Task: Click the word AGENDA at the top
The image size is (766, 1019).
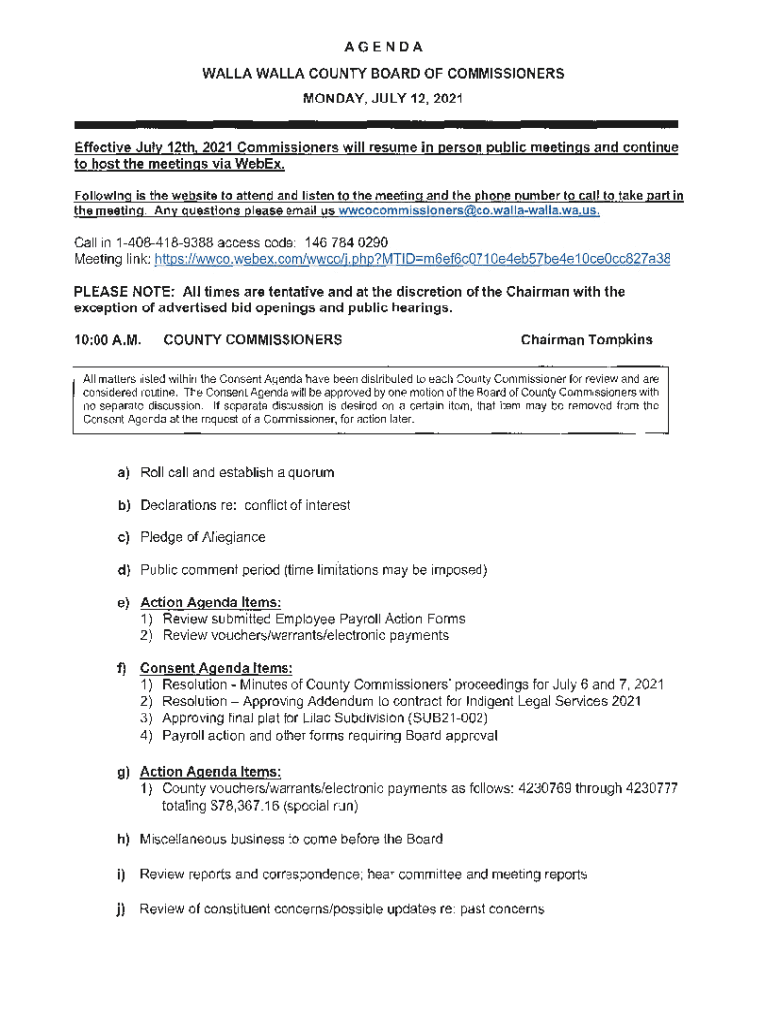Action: [x=383, y=47]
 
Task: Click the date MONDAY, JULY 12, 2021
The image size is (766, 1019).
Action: [x=383, y=99]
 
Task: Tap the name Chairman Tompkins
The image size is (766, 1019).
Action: [x=587, y=340]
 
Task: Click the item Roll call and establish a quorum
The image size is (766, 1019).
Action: [x=238, y=471]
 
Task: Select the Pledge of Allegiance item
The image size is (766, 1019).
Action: [x=203, y=537]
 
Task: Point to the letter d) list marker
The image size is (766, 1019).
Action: [x=124, y=570]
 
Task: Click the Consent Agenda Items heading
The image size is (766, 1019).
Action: [x=217, y=668]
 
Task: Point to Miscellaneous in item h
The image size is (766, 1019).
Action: [x=185, y=839]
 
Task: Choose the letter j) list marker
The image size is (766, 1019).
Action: [x=124, y=909]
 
